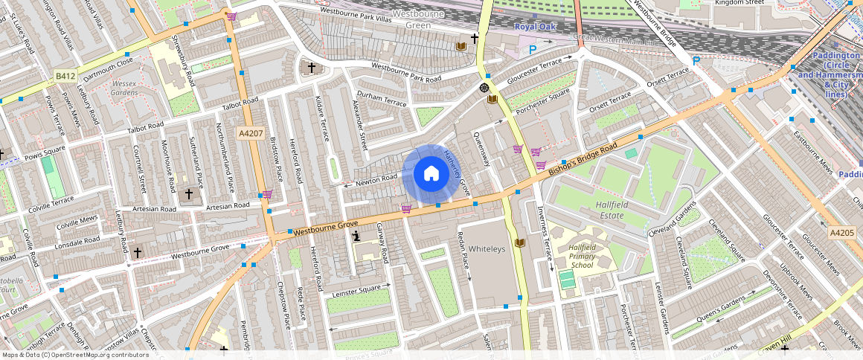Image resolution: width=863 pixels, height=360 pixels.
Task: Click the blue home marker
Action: [x=431, y=174]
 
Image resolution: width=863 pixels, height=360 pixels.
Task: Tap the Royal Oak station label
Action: [x=533, y=27]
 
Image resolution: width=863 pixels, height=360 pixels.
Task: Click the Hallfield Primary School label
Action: [x=581, y=256]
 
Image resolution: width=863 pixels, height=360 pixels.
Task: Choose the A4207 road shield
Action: [x=250, y=133]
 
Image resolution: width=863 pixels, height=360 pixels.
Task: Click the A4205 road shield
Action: [x=841, y=233]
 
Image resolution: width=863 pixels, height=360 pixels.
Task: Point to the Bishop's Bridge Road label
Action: [x=583, y=159]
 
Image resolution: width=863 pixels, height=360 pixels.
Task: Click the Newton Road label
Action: [x=376, y=179]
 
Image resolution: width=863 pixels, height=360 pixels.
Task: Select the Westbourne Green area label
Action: [x=417, y=19]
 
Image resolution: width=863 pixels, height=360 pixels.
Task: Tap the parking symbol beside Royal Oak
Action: [x=532, y=50]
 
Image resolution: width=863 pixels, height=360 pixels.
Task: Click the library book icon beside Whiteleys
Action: [x=519, y=243]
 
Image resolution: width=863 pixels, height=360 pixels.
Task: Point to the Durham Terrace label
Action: [x=379, y=95]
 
